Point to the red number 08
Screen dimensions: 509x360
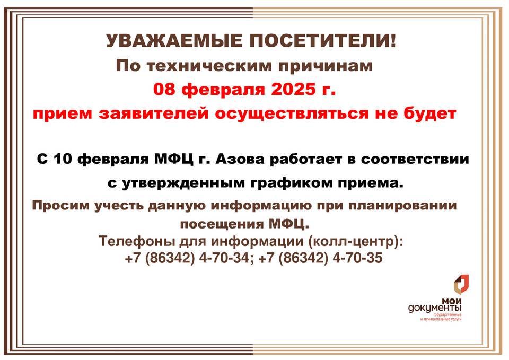pyautogui.click(x=164, y=89)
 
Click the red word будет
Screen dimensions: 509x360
pyautogui.click(x=426, y=113)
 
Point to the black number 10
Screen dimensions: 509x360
pyautogui.click(x=63, y=160)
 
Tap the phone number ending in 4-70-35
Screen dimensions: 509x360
pyautogui.click(x=320, y=258)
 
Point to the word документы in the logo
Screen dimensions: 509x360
pyautogui.click(x=435, y=308)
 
